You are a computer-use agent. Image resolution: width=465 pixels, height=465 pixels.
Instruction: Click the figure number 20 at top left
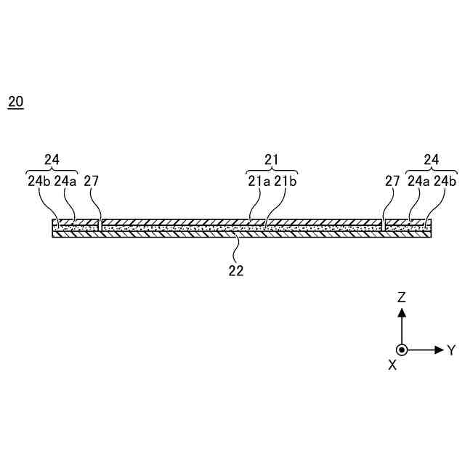pos(15,102)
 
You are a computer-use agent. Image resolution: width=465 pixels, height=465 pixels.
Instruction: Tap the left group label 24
pos(51,159)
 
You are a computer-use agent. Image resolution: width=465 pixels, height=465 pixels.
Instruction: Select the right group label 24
pos(432,159)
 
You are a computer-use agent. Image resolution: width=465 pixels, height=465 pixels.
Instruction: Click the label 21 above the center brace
pos(271,159)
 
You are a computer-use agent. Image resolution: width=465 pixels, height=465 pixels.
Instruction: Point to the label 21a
pos(257,182)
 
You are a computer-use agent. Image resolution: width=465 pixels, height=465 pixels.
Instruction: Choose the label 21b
pos(286,182)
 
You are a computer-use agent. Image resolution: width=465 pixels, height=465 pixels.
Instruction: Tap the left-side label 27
pos(92,182)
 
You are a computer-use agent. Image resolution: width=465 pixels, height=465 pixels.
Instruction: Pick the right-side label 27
pos(392,182)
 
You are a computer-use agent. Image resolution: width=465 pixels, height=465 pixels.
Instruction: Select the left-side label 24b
pos(38,182)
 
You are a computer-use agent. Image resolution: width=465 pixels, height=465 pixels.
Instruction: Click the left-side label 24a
pos(65,182)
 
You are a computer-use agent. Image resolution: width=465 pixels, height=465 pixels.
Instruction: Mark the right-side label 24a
pos(418,182)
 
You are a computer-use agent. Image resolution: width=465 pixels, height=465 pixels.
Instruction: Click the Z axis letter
pos(401,297)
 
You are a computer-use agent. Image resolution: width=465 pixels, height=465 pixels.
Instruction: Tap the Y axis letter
pos(450,350)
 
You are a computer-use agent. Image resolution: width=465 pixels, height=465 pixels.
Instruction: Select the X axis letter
pos(392,365)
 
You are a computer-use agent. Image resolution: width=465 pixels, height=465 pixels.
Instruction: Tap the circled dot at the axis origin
pos(401,349)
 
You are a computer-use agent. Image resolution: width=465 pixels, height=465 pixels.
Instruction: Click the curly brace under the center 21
pos(271,170)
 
